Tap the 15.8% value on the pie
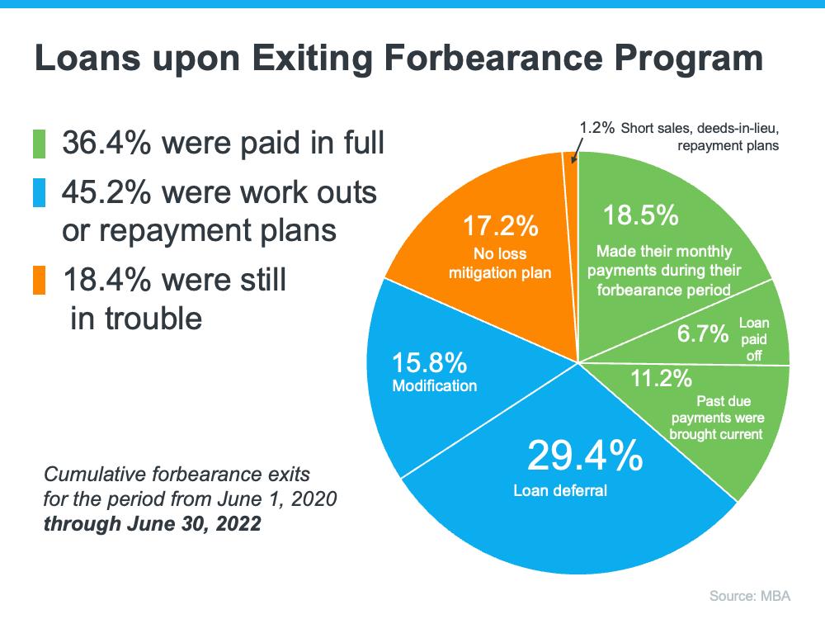[x=429, y=363]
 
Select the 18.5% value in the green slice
[x=640, y=216]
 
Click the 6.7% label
[x=702, y=334]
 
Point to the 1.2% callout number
[x=597, y=128]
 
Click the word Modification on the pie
[x=434, y=385]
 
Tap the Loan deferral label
[x=559, y=491]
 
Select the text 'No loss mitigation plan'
[x=499, y=263]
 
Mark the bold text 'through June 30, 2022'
[x=152, y=524]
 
